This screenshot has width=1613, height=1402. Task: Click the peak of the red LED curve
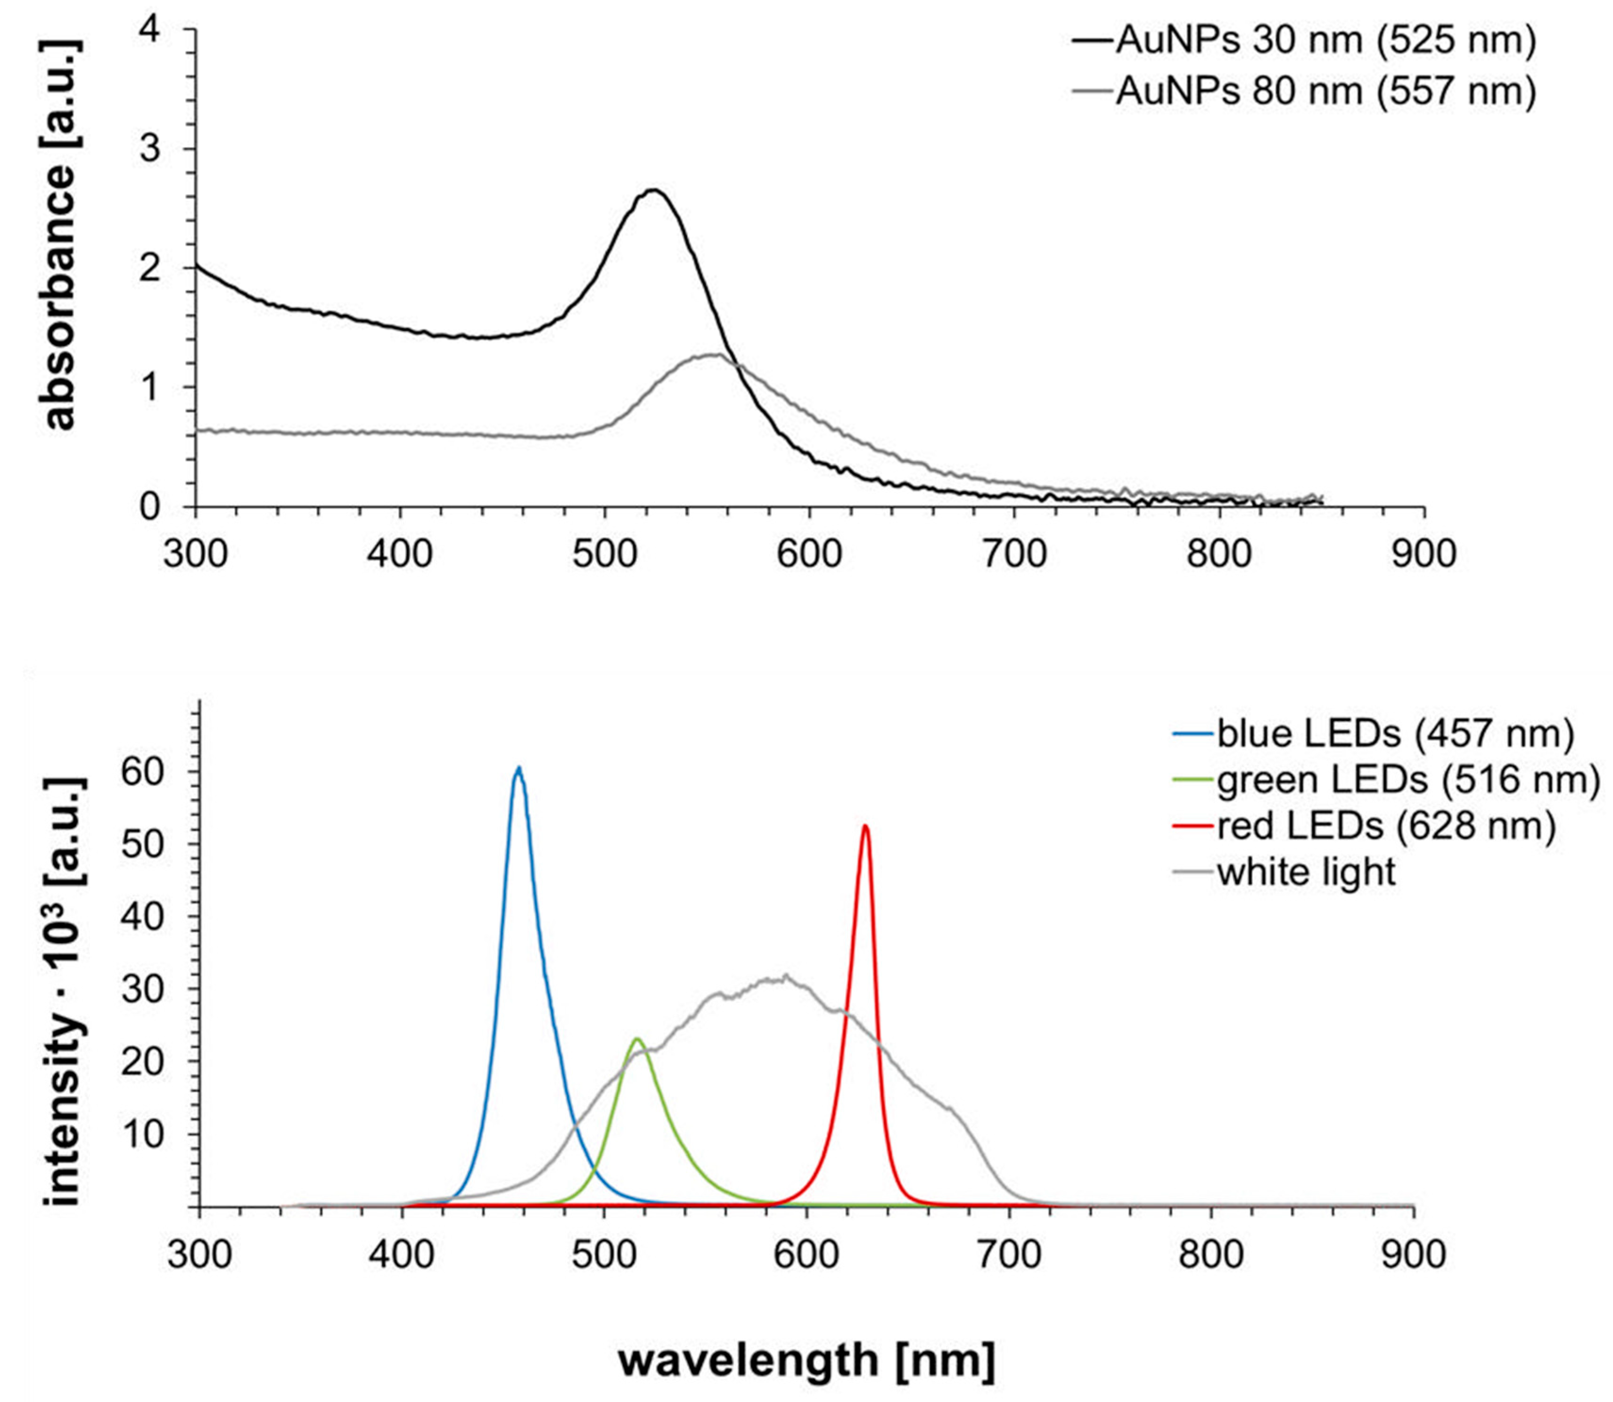865,826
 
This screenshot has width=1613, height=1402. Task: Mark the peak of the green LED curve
637,1039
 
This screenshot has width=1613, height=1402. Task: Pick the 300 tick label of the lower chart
199,1255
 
